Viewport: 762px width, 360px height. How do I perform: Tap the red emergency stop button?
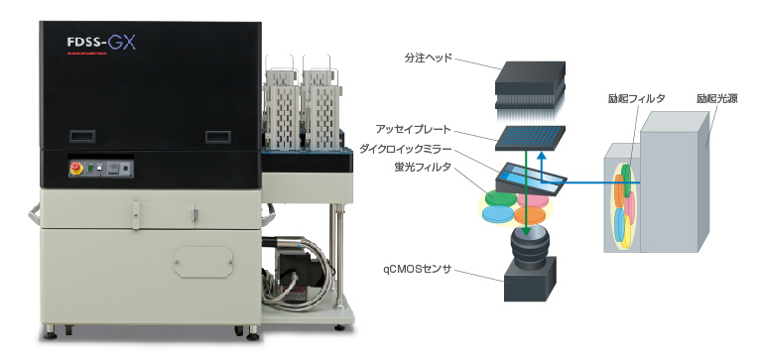73,168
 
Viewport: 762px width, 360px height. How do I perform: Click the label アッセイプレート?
415,130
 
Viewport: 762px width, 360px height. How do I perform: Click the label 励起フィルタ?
636,98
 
